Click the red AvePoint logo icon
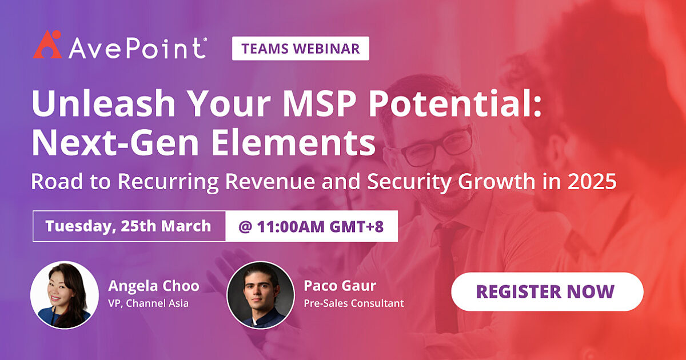47,45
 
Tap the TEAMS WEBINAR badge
300,49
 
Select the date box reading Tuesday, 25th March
129,226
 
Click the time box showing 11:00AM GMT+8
312,226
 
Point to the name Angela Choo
153,286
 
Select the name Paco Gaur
340,286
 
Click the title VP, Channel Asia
148,303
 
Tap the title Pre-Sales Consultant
353,303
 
